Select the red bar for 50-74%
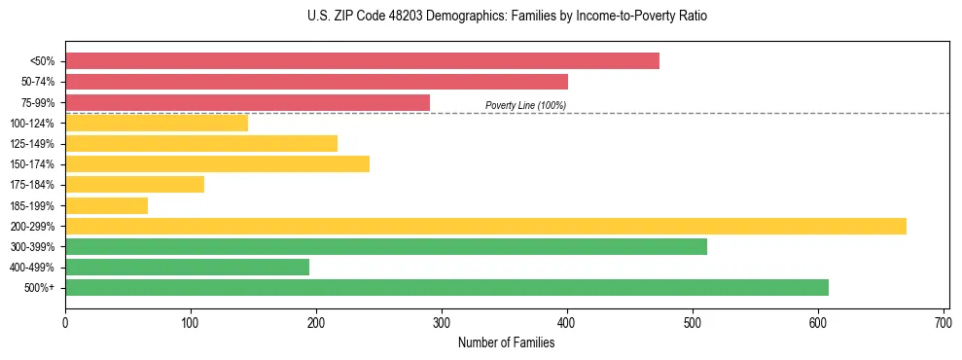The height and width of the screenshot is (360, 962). (316, 82)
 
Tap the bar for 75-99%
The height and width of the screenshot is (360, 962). (247, 102)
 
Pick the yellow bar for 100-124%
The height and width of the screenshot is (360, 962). (157, 123)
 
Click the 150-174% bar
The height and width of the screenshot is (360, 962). (217, 163)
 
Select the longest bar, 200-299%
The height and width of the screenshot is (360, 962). (485, 226)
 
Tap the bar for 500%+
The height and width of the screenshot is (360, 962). (446, 287)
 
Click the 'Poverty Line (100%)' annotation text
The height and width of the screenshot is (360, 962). (525, 105)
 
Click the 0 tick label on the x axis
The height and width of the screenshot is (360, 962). (65, 320)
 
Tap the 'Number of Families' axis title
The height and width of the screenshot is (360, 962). (506, 342)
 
